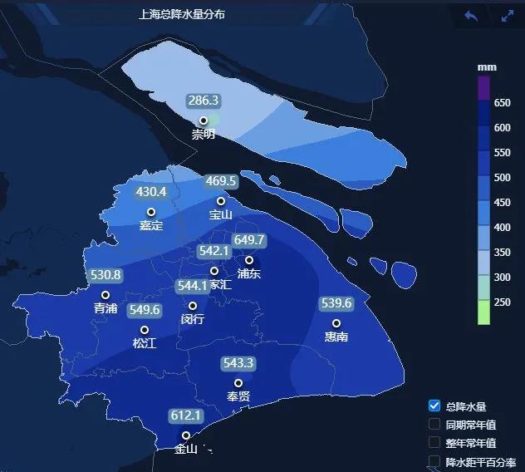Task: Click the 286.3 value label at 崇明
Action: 204,101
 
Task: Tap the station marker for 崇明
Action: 204,120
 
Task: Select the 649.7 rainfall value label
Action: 249,240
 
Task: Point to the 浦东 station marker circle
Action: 248,260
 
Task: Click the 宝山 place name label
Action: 221,215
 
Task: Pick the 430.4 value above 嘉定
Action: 151,192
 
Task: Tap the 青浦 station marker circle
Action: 105,295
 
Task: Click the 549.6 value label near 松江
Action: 144,310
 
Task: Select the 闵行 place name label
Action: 192,318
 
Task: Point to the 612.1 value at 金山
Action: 186,415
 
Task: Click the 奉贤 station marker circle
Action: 238,383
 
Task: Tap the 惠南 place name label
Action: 336,337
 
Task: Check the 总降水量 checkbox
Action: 434,406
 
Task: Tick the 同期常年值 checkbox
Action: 434,424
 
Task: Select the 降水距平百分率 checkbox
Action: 434,461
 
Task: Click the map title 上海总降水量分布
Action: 182,15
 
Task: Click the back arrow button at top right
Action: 471,16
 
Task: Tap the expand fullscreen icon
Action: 508,16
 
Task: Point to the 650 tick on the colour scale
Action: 502,103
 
